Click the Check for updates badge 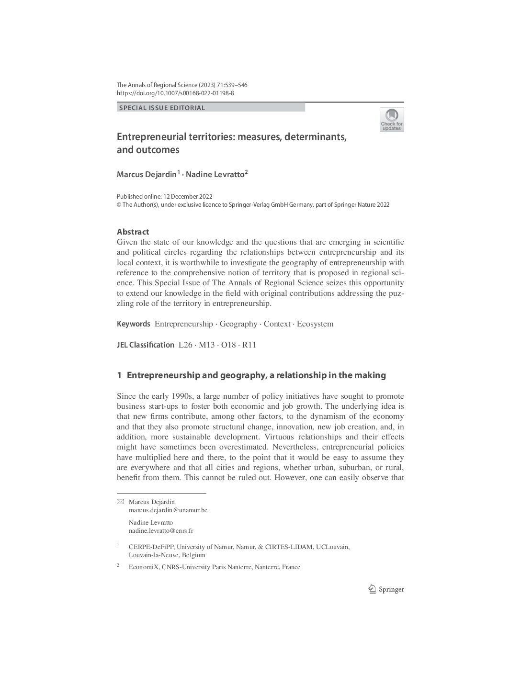pos(392,120)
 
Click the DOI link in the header pos(175,93)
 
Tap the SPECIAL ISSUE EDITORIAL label pos(162,108)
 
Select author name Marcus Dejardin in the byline pos(147,175)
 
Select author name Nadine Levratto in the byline pos(215,175)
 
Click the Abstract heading pos(133,232)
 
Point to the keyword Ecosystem pos(315,324)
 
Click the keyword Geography pos(238,324)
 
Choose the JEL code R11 pos(249,345)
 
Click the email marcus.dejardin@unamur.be pos(168,510)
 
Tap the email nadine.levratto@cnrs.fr pos(161,531)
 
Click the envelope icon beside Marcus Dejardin pos(120,502)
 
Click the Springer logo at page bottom pos(386,590)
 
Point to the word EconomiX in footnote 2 pos(143,567)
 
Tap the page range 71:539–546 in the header pos(230,85)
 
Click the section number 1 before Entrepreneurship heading pos(119,375)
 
